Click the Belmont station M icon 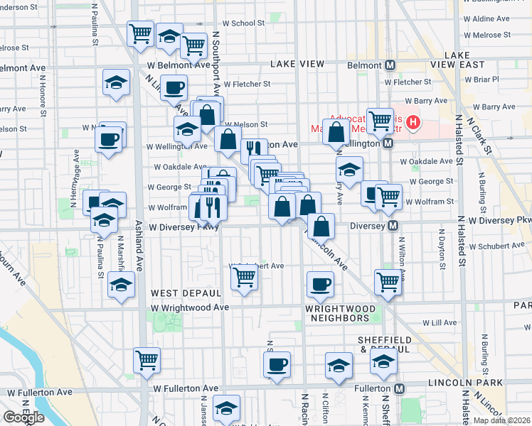[390, 65]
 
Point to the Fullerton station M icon [400, 388]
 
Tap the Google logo [23, 417]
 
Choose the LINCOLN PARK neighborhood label [466, 383]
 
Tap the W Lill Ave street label [440, 322]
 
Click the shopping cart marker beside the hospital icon [381, 119]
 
